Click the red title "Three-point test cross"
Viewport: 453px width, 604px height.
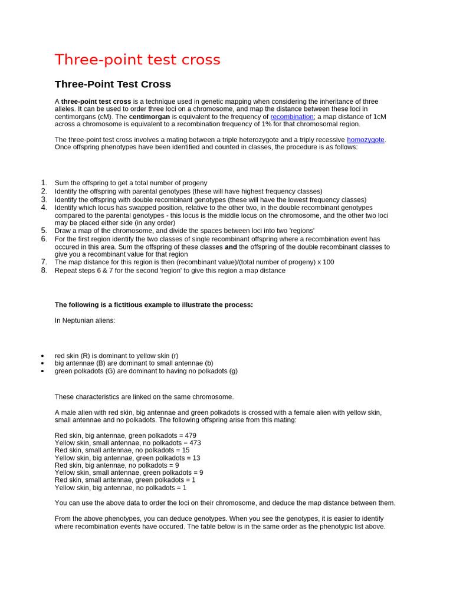(x=137, y=60)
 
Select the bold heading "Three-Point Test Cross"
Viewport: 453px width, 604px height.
(x=113, y=84)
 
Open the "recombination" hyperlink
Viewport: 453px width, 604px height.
(x=292, y=117)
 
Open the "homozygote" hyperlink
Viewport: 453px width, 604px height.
(x=366, y=140)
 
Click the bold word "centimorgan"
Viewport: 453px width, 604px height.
(x=149, y=117)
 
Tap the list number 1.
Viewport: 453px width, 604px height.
(x=44, y=183)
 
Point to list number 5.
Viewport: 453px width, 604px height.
(x=44, y=231)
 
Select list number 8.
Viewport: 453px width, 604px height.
(x=44, y=270)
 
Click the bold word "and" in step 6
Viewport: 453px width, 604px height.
(x=231, y=247)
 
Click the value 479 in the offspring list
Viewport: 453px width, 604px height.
(x=190, y=436)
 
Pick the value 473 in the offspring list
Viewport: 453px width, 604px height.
(x=195, y=443)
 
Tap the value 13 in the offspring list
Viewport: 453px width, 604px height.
(x=196, y=458)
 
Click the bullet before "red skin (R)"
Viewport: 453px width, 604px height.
(x=42, y=356)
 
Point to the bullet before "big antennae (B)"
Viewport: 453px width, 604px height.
(x=42, y=363)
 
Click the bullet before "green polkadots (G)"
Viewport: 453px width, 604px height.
(x=42, y=371)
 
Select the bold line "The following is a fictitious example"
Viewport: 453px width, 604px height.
(x=153, y=305)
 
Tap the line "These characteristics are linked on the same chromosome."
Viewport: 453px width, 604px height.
(x=144, y=397)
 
